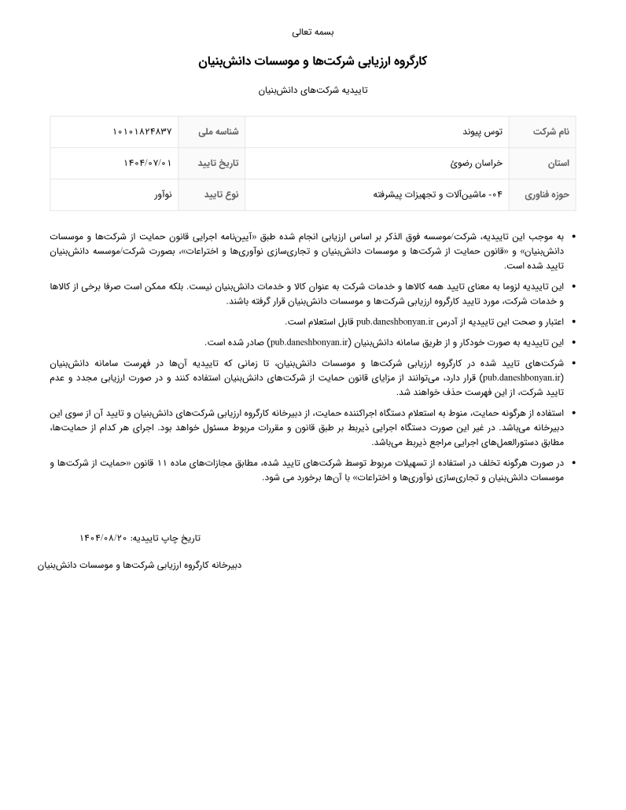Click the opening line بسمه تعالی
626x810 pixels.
click(x=313, y=32)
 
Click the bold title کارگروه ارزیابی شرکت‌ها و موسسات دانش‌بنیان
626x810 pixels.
click(x=313, y=61)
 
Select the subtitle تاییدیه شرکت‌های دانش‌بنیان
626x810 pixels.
click(x=313, y=90)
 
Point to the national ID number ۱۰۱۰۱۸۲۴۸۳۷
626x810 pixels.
click(x=142, y=132)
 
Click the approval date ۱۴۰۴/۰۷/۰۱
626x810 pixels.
click(x=147, y=164)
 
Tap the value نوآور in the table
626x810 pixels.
click(x=162, y=195)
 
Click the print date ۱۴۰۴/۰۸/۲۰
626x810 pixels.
click(x=103, y=538)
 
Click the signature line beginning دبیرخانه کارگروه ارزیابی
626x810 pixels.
click(x=139, y=565)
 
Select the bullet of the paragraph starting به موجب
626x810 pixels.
click(x=573, y=236)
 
